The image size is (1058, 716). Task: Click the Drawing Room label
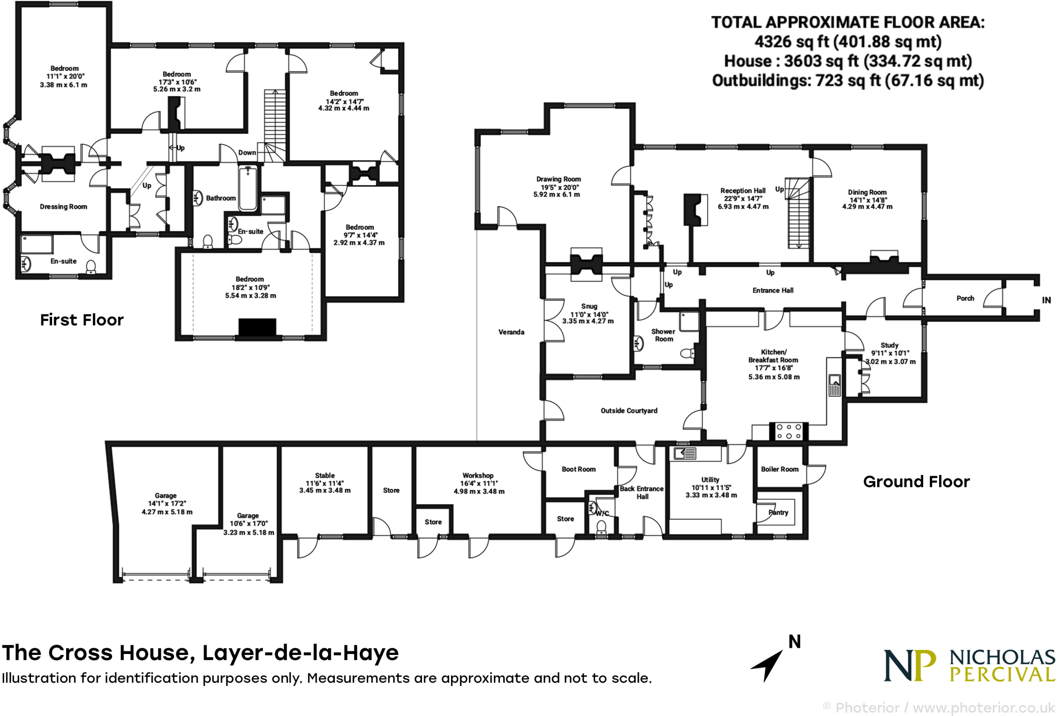558,179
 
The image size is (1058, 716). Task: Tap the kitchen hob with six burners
789,432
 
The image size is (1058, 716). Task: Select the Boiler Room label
780,469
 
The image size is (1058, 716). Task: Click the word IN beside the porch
1046,300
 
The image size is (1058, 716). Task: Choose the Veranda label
511,332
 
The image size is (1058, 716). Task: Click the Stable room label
324,475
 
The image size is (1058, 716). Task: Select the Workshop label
478,475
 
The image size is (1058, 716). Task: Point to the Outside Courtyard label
629,410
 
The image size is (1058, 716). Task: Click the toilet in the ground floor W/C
601,527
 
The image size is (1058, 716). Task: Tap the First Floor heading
82,320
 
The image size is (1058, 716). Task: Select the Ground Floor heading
916,481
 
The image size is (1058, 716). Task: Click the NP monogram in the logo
910,666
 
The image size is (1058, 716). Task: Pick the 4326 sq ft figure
791,41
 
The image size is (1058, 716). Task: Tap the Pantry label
778,512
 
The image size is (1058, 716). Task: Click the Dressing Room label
64,206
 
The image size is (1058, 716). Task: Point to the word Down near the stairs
247,153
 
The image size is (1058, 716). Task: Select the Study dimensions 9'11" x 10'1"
890,353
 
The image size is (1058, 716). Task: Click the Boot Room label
579,469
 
